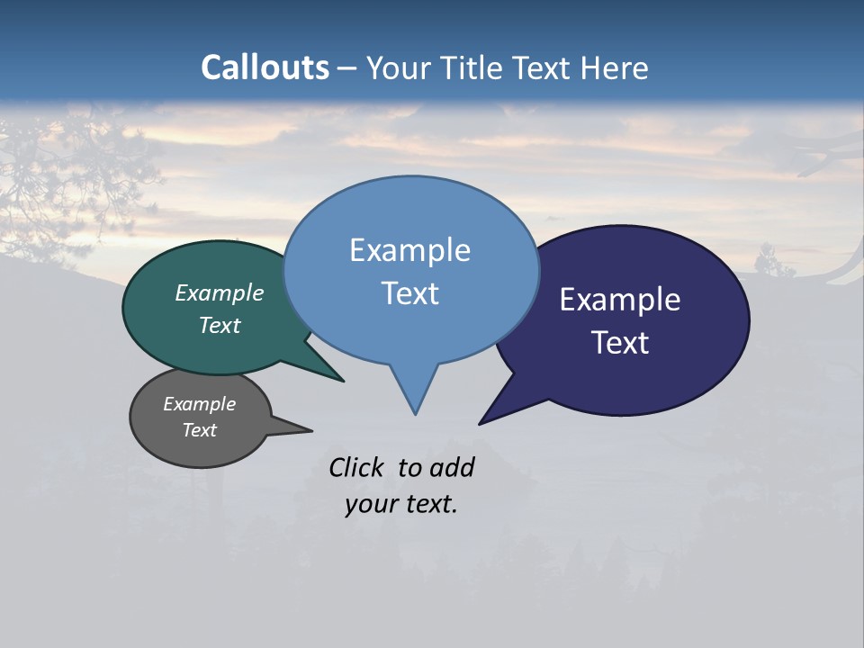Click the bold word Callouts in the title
(265, 67)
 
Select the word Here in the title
(615, 67)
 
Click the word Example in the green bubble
(220, 292)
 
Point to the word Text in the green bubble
(220, 325)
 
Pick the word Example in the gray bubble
(200, 404)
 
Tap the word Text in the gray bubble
(200, 430)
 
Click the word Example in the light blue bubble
(409, 250)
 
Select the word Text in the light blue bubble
(409, 293)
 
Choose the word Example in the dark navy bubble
(620, 300)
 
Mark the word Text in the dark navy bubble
(620, 343)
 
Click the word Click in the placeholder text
(356, 467)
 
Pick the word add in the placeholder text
(452, 467)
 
